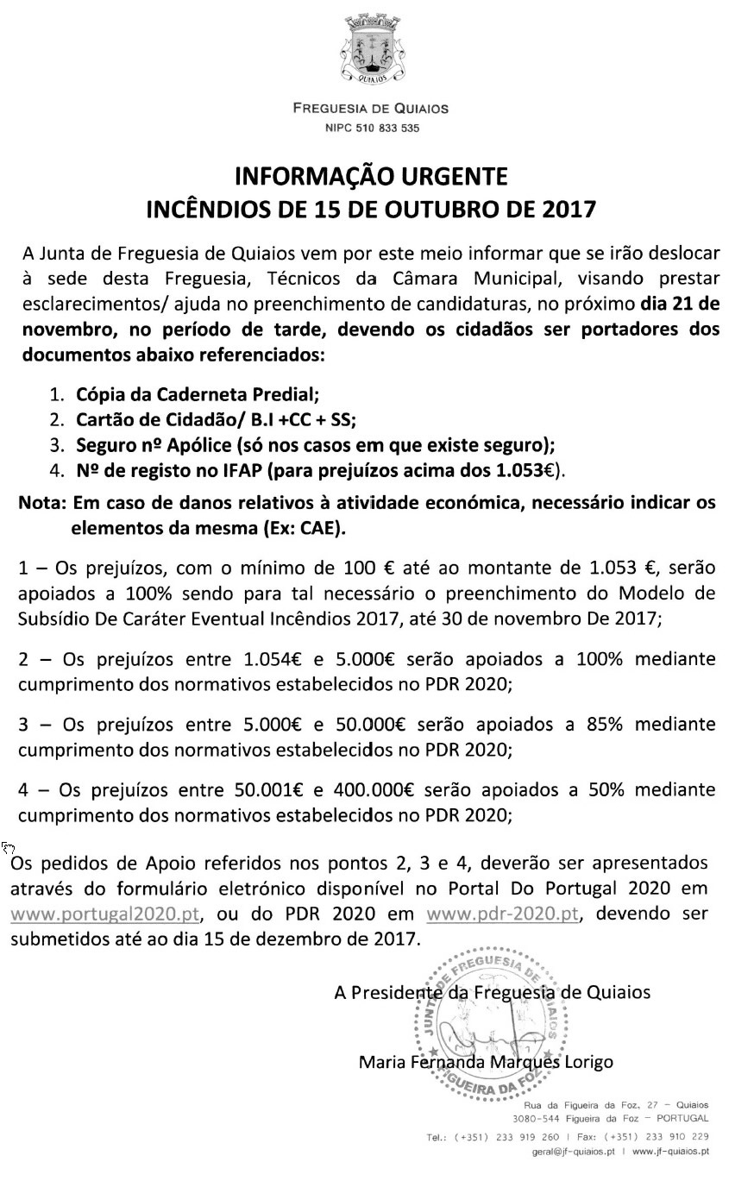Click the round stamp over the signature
tap(496, 1023)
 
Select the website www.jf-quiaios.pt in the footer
tap(670, 1152)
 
